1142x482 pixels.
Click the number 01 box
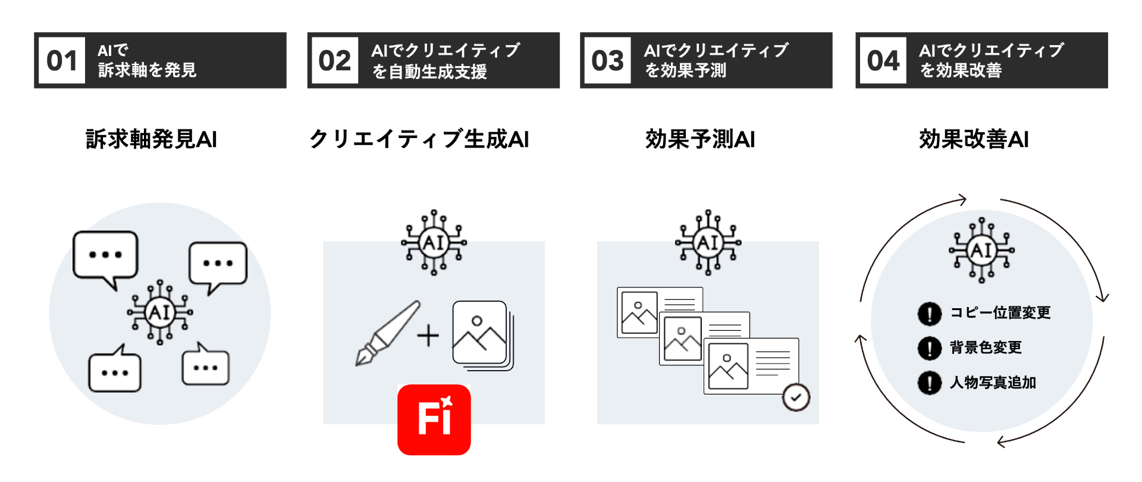tap(62, 61)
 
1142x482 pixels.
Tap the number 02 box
tap(334, 61)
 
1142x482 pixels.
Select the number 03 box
tap(607, 61)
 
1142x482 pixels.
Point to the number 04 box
tap(883, 61)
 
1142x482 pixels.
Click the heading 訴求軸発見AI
tap(151, 139)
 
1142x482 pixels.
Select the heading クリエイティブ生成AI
tap(419, 139)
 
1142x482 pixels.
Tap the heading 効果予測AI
tap(700, 139)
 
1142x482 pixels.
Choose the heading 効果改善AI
tap(974, 139)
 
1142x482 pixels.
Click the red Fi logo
tap(434, 420)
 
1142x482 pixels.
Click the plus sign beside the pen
tap(428, 336)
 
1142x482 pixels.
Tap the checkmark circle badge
tap(796, 398)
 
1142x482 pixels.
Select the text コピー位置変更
tap(1000, 313)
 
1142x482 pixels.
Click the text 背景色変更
tap(986, 348)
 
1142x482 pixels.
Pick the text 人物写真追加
tap(993, 383)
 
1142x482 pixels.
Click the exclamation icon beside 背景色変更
tap(929, 348)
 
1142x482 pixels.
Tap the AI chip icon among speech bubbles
tap(159, 312)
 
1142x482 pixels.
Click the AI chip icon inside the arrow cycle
tap(981, 250)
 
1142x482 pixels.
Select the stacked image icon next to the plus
tap(482, 334)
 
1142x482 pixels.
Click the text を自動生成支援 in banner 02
tap(429, 72)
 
